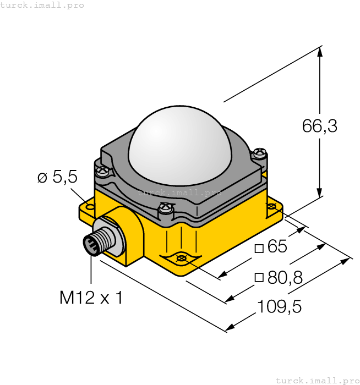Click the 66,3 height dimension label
coord(319,126)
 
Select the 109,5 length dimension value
coord(279,306)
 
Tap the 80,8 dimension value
coord(285,277)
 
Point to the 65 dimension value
coord(277,247)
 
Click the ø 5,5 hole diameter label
coord(57,177)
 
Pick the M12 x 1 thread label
coord(91,298)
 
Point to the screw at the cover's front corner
coord(165,209)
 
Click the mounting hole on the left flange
coord(90,208)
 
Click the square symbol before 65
coord(259,248)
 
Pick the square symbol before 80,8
coord(259,278)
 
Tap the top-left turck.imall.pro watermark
coord(42,5)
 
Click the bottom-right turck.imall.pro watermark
coord(317,380)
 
